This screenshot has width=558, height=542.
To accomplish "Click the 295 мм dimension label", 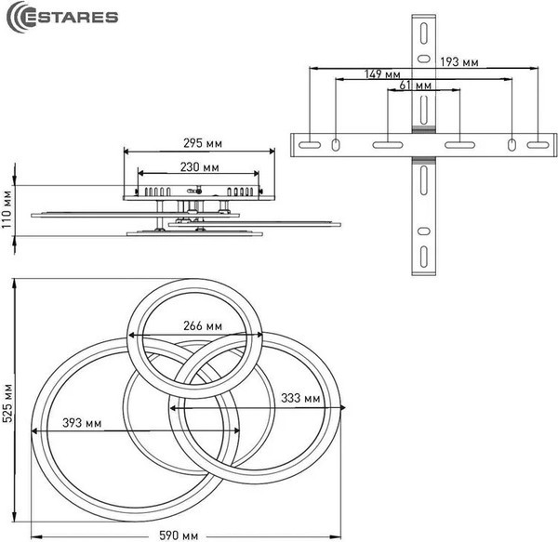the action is [x=203, y=143].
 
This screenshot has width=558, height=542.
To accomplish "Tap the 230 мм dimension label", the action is [x=199, y=166].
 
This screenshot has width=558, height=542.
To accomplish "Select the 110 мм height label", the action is [x=7, y=209].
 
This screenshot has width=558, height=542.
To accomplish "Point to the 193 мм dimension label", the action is [x=459, y=62].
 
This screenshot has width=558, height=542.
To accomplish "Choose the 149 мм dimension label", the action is [x=382, y=74].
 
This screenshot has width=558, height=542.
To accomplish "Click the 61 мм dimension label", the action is [x=415, y=86].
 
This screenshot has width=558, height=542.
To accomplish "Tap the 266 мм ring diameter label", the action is [x=203, y=325].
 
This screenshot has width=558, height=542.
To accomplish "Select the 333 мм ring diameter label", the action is [x=300, y=398].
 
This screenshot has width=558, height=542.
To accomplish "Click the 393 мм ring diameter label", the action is [x=82, y=423].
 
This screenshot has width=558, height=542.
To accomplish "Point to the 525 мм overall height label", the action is [x=7, y=403].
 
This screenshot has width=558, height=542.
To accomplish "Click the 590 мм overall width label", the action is [x=179, y=535].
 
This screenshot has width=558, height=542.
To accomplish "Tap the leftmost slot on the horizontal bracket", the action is [x=310, y=145].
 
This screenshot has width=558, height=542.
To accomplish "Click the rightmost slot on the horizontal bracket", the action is [x=538, y=145].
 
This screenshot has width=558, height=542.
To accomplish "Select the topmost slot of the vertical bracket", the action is [x=423, y=33].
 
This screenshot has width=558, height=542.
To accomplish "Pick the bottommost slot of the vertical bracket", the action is [x=423, y=257].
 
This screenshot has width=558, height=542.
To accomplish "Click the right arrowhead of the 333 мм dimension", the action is [x=342, y=407].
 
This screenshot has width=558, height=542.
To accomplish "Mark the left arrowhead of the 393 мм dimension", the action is [x=34, y=431].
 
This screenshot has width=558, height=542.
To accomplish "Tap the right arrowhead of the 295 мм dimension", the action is [x=272, y=152].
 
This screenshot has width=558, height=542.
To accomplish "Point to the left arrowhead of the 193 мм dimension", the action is [x=312, y=68].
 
